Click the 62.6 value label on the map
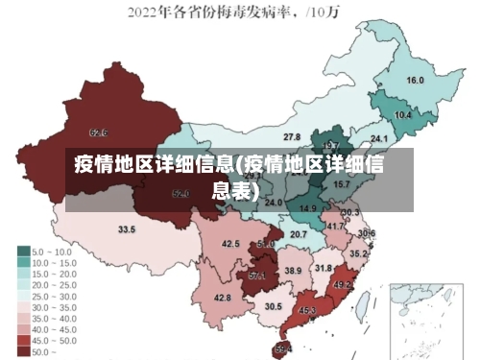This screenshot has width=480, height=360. [98, 132]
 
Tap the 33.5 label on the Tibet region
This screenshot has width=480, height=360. [127, 229]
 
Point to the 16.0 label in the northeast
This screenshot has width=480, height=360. [415, 80]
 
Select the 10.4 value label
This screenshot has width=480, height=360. [403, 114]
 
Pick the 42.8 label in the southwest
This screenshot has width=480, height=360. [222, 298]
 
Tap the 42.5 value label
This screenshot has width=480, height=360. [230, 244]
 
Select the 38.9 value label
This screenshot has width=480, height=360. [293, 271]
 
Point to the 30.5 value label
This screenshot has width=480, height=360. [274, 305]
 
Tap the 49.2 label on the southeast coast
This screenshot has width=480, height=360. [342, 284]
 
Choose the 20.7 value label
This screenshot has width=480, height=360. [299, 233]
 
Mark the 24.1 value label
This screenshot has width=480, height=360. [379, 138]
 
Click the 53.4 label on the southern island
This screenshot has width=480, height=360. [283, 348]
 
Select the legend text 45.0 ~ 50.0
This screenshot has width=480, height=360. [54, 339]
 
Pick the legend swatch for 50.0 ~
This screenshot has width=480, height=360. [23, 351]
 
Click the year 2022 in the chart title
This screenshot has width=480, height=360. [144, 13]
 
